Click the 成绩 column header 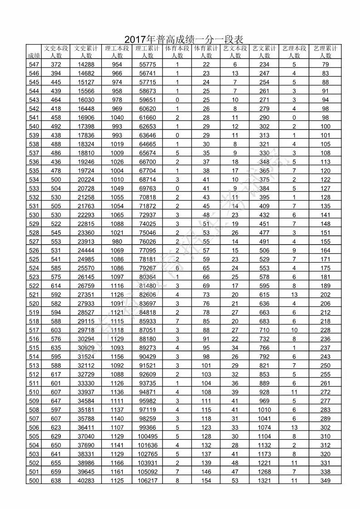(34, 55)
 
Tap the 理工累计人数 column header (147, 52)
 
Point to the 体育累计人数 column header (206, 52)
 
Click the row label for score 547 (34, 64)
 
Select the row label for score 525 (34, 259)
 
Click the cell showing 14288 (86, 64)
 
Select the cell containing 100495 (147, 436)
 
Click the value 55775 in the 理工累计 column (147, 64)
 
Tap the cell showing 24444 (86, 250)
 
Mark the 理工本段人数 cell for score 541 (117, 117)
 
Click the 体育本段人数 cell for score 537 (177, 153)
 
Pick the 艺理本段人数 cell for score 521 (294, 294)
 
